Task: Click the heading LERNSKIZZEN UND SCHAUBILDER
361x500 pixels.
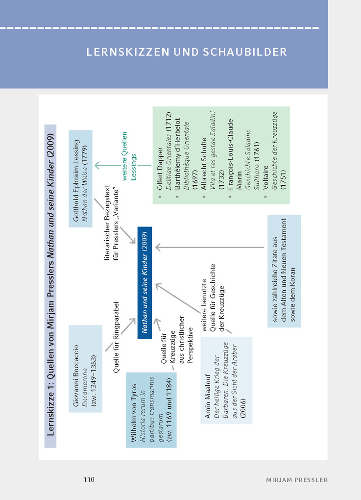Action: click(x=187, y=52)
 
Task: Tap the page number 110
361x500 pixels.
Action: click(x=88, y=479)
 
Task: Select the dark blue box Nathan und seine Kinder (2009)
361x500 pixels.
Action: click(x=145, y=280)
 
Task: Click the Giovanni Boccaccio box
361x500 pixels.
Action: click(x=85, y=368)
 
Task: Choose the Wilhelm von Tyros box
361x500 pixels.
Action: click(x=151, y=409)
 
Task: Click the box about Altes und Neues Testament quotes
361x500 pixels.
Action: click(x=284, y=271)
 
